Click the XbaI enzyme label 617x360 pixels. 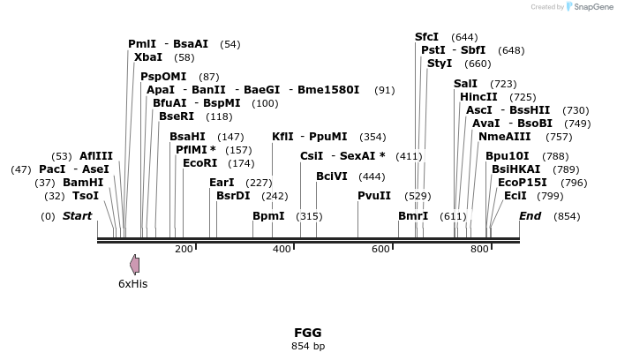(147, 57)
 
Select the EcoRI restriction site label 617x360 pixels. (199, 163)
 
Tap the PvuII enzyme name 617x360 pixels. (373, 195)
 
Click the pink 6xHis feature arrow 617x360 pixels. (134, 264)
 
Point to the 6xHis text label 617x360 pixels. (133, 284)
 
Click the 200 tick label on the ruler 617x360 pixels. (184, 250)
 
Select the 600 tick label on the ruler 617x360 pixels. (380, 250)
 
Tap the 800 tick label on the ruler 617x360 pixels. (479, 250)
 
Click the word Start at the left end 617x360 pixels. (77, 216)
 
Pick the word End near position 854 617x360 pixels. (530, 216)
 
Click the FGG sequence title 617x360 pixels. (308, 333)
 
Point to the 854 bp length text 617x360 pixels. (308, 346)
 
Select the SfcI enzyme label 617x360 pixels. (426, 37)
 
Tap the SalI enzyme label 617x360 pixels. (465, 84)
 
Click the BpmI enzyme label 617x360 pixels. (268, 216)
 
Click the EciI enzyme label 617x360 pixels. (515, 195)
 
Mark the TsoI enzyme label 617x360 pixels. (86, 196)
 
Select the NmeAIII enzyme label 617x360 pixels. (505, 137)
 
